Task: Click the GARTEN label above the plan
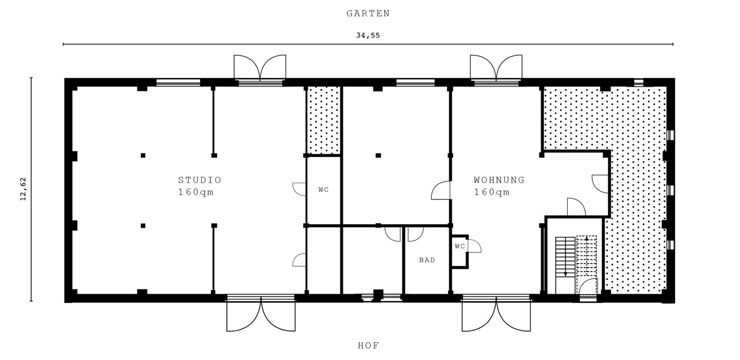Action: [x=368, y=13]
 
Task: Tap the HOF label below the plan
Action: [x=368, y=346]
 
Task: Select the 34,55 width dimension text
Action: [x=368, y=35]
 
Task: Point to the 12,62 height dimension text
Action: [x=24, y=190]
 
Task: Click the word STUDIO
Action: [x=199, y=180]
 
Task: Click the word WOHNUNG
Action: [x=499, y=180]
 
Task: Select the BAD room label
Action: [x=427, y=260]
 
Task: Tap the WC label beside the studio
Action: [x=324, y=190]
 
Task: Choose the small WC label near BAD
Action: [x=460, y=246]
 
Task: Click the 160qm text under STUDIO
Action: [x=196, y=192]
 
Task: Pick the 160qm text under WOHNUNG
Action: [x=492, y=192]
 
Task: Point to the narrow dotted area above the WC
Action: [x=323, y=120]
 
